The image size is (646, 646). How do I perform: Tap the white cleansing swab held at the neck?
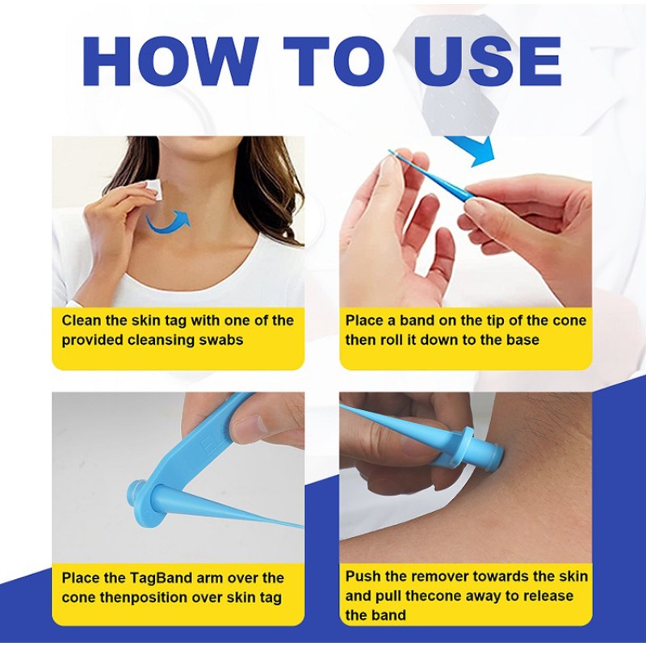coord(153,190)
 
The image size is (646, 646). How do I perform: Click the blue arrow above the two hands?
coord(475,150)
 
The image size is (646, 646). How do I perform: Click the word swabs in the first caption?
coord(216,340)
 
